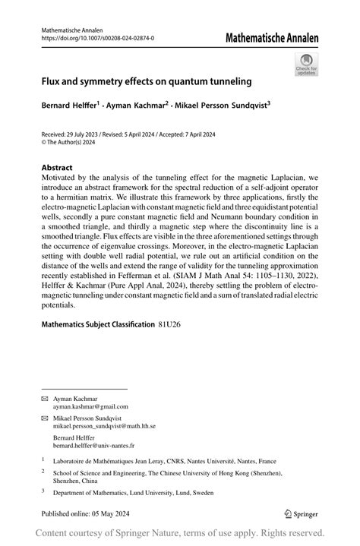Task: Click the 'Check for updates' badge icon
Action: [x=306, y=63]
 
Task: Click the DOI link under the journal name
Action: [x=97, y=37]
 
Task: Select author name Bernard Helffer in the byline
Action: [x=71, y=107]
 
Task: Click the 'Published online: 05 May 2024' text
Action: [x=90, y=513]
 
